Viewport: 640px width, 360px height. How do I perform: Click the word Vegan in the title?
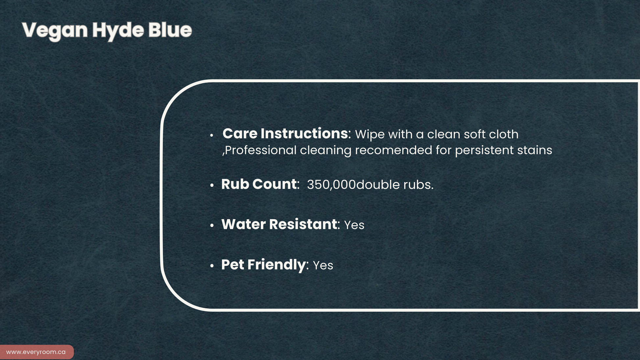tap(55, 31)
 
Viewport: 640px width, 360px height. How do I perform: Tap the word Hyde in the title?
tap(118, 31)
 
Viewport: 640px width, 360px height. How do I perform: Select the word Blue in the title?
tap(170, 30)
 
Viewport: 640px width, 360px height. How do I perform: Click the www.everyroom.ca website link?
tap(36, 352)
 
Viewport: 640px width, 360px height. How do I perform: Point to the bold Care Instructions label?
tap(285, 134)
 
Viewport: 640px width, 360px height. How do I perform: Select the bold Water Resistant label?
tap(279, 224)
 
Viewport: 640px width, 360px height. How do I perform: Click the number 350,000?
tap(332, 185)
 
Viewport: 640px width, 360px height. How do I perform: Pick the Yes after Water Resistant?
tap(354, 225)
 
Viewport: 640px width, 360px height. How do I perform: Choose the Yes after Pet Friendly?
tap(323, 266)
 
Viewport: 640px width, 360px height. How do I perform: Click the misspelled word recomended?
tap(393, 150)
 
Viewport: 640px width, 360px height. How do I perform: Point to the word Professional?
tap(261, 150)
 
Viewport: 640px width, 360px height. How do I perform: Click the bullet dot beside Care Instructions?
tap(212, 135)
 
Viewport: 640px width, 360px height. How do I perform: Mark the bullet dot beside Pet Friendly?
tap(212, 266)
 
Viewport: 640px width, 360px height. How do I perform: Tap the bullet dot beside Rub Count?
tap(212, 186)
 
